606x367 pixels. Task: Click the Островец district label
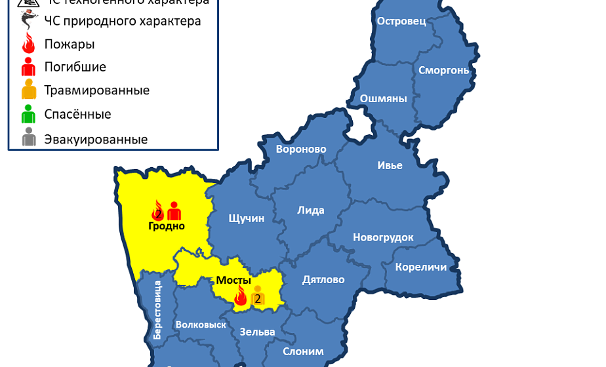[x=401, y=21]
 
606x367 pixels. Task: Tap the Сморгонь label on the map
[x=443, y=70]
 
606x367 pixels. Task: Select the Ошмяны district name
[x=383, y=99]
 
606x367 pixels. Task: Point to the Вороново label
[x=301, y=149]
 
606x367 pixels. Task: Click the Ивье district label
[x=390, y=165]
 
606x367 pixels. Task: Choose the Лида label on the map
[x=311, y=210]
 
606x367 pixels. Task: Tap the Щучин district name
[x=246, y=218]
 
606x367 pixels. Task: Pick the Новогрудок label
[x=383, y=237]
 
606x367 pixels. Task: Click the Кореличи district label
[x=420, y=267]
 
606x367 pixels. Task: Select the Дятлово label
[x=323, y=280]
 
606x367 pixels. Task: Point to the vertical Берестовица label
[x=157, y=309]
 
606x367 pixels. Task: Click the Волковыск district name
[x=201, y=324]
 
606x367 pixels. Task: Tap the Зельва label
[x=257, y=332]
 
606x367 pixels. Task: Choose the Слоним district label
[x=303, y=351]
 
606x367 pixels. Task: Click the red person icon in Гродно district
[x=174, y=211]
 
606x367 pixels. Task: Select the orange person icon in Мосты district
[x=258, y=296]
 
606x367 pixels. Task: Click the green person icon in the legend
[x=28, y=114]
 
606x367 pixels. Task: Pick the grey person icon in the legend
[x=28, y=138]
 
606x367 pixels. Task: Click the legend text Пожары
[x=70, y=45]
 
